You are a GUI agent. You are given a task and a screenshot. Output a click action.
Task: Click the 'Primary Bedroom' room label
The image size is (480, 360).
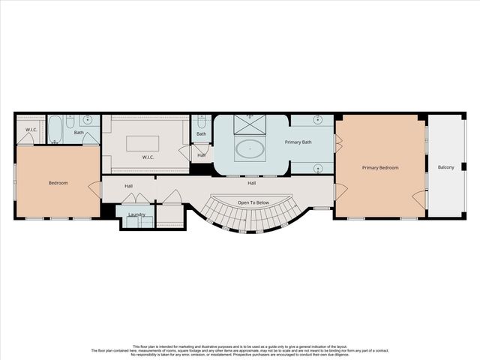click(380, 167)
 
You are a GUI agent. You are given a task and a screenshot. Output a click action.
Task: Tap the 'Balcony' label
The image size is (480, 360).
click(445, 166)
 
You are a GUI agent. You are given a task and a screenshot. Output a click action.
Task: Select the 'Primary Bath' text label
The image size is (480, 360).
click(298, 142)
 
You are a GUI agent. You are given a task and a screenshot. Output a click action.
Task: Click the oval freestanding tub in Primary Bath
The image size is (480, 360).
click(250, 148)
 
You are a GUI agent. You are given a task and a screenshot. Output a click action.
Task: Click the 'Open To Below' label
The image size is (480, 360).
click(253, 203)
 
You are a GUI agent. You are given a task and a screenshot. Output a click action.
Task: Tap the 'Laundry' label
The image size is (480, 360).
click(136, 214)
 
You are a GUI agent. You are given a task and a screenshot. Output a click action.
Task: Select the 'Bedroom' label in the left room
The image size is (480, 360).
click(58, 182)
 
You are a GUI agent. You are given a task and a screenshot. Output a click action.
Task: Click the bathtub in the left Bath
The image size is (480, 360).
click(55, 130)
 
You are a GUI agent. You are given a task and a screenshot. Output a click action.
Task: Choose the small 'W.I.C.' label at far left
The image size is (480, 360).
click(31, 129)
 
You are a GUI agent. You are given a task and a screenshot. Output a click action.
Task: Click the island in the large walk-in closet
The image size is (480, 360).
click(142, 143)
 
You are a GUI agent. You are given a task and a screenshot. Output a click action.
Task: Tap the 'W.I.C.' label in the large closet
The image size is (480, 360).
click(148, 157)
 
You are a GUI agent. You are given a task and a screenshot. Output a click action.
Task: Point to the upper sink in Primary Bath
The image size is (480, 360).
click(317, 120)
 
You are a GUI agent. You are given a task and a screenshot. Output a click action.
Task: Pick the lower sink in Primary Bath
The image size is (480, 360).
click(317, 167)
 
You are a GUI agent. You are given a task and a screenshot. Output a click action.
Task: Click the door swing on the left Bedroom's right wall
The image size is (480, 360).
click(94, 189)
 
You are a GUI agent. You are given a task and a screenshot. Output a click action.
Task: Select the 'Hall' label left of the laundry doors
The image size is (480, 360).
click(128, 186)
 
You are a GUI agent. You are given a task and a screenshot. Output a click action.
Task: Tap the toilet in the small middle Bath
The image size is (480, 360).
click(201, 121)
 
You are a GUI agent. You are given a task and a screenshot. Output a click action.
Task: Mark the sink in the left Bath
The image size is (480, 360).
click(88, 120)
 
